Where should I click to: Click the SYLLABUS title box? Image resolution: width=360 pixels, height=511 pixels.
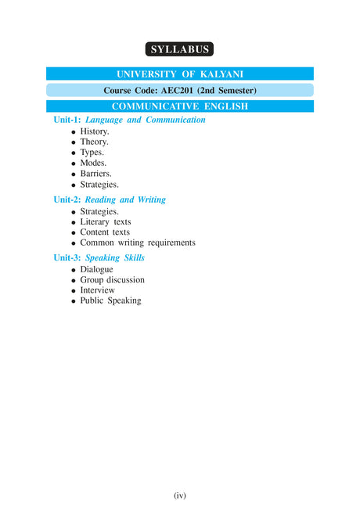click(x=179, y=49)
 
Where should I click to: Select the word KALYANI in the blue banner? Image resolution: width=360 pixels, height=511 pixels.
click(x=223, y=74)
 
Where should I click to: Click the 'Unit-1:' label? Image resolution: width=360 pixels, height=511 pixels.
click(x=67, y=121)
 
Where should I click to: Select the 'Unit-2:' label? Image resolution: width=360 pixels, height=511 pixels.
click(x=67, y=200)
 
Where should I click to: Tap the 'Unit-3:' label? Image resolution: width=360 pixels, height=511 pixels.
click(x=67, y=257)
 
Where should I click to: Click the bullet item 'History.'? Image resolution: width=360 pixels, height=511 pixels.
click(x=95, y=131)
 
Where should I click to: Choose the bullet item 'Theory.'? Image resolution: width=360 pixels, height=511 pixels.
click(x=95, y=142)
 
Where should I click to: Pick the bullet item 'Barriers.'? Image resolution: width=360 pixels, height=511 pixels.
click(x=96, y=174)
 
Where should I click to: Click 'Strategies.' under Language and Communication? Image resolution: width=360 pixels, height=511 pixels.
click(x=99, y=185)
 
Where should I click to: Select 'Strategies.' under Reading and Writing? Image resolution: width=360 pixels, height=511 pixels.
click(x=99, y=211)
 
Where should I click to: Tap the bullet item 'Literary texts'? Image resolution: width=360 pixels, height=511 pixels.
click(x=106, y=222)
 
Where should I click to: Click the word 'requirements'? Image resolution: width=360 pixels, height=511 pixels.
click(x=168, y=243)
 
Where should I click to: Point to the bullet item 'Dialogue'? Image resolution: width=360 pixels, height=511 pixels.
click(x=96, y=269)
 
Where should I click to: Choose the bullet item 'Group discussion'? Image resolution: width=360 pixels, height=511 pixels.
click(x=112, y=280)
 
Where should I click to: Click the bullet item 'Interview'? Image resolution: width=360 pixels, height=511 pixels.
click(x=97, y=290)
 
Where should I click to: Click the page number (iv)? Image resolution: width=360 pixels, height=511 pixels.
click(x=179, y=495)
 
